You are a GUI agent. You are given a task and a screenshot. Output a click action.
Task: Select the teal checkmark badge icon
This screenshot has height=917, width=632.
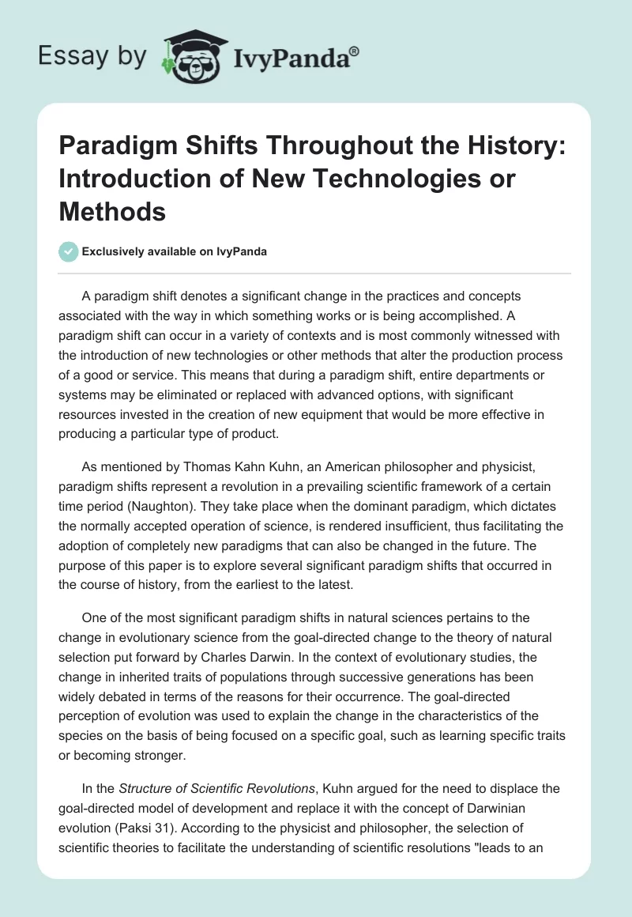pyautogui.click(x=68, y=251)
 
